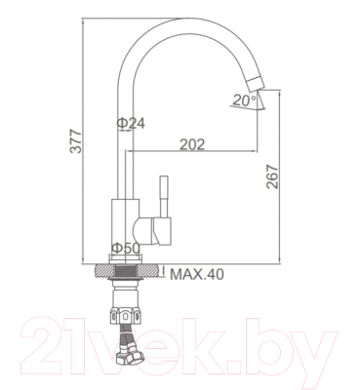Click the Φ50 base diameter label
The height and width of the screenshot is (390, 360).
(124, 249)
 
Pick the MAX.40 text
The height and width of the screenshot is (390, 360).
(198, 275)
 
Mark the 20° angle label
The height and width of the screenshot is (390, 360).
(243, 98)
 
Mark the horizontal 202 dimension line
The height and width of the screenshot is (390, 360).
(195, 152)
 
